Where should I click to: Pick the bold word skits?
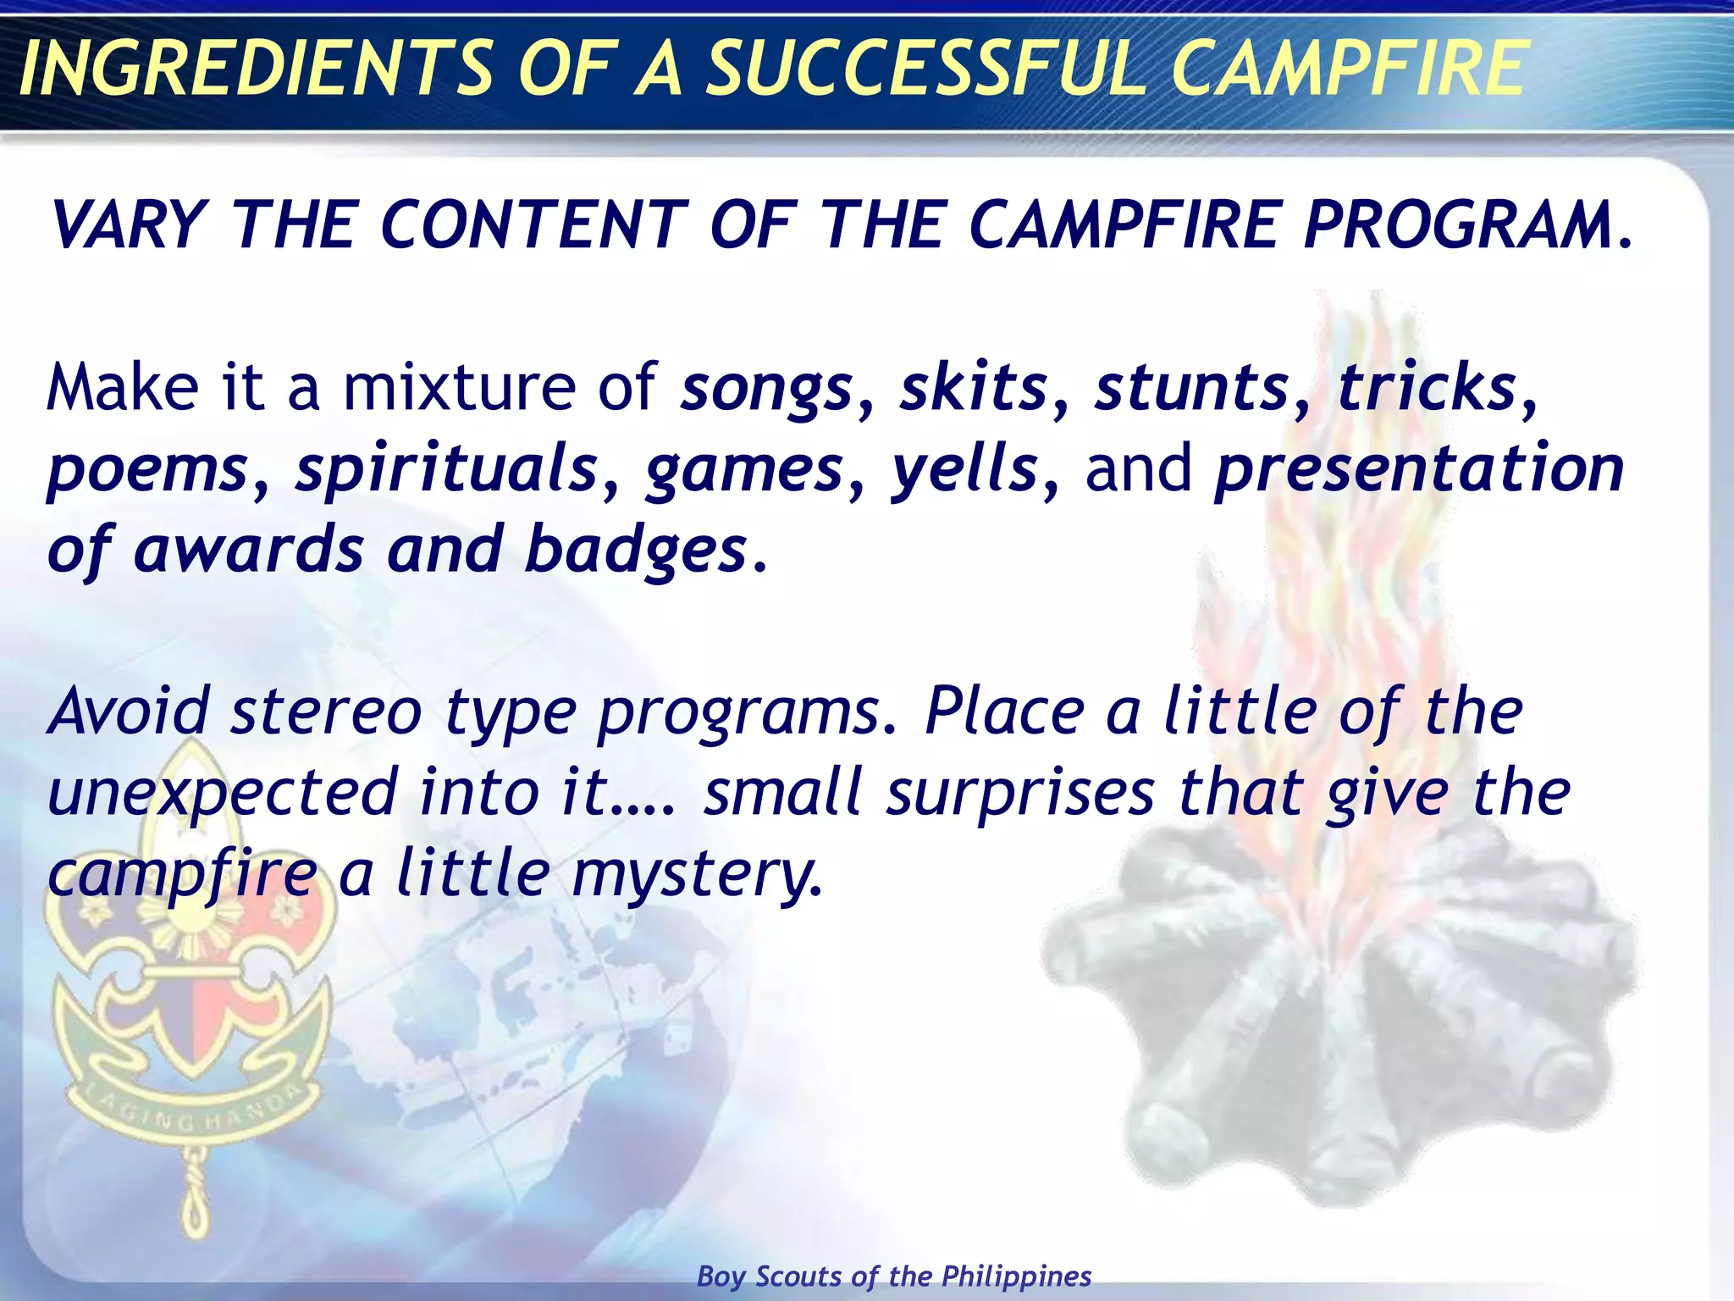coord(974,388)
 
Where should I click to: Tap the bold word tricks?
coord(1428,388)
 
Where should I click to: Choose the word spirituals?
coord(446,469)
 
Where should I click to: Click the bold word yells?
coord(964,469)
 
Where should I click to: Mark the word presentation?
coord(1419,471)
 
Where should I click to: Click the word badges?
coord(636,551)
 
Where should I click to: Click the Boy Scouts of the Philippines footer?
coord(894,1276)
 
